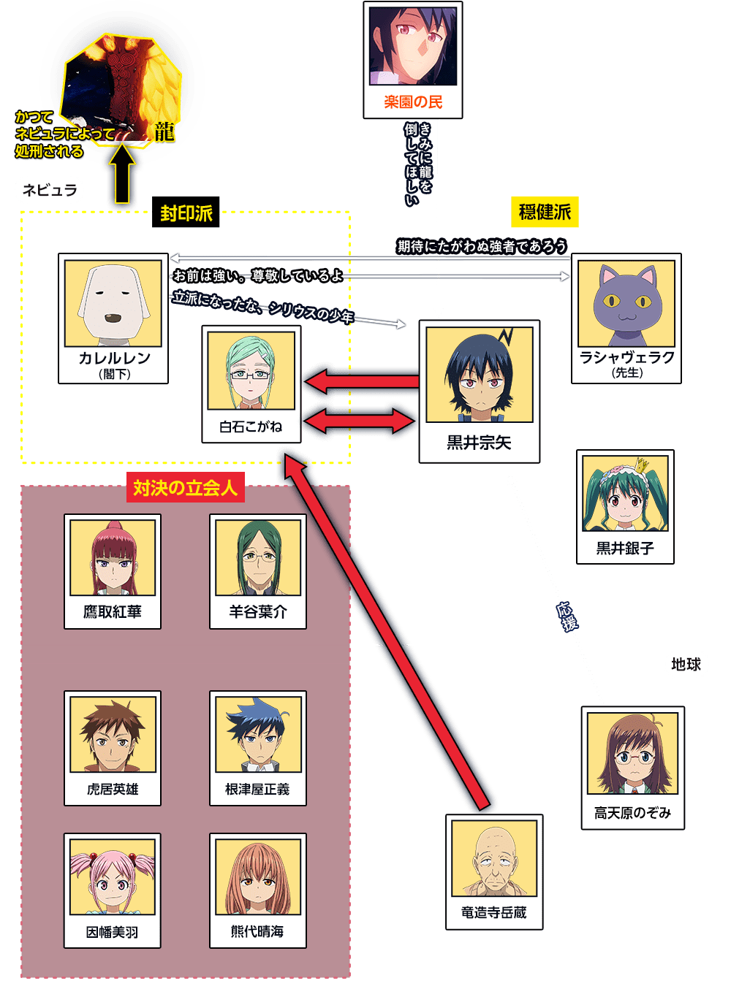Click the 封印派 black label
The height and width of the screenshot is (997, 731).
click(186, 212)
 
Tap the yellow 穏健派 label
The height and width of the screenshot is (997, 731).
click(545, 212)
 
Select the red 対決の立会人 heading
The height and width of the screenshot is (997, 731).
click(186, 487)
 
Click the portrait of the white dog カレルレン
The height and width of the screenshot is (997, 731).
click(113, 304)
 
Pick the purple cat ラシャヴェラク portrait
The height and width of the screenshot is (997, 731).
click(626, 304)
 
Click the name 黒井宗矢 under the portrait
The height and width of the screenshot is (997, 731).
click(480, 443)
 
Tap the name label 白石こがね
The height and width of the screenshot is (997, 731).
click(251, 427)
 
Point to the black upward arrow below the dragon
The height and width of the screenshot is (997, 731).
click(122, 174)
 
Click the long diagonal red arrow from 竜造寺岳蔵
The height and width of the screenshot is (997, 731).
click(387, 631)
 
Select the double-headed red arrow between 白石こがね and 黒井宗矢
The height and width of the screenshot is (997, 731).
click(359, 421)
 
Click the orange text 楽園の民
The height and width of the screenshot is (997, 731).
click(413, 102)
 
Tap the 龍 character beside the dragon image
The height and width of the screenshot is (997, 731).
click(164, 133)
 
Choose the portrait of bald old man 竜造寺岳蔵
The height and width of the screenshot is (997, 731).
click(494, 858)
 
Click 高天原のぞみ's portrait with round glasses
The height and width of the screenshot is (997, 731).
click(632, 754)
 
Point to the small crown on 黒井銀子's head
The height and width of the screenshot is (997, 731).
click(642, 465)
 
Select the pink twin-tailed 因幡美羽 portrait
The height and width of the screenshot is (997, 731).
click(113, 877)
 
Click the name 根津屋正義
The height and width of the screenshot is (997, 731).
click(257, 789)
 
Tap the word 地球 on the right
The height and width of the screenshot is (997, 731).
click(686, 664)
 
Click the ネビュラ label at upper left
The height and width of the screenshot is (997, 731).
click(50, 190)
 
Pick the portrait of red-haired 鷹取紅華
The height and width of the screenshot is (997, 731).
click(113, 558)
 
